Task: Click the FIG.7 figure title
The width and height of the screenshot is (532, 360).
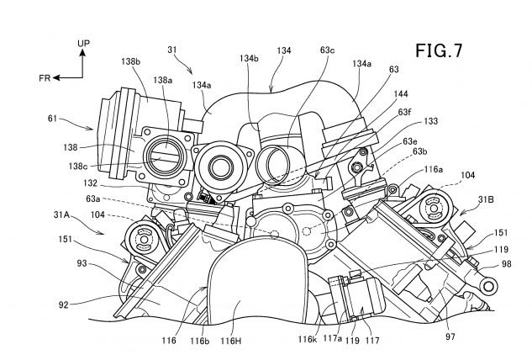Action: [439, 51]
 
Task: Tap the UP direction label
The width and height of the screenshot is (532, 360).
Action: [83, 44]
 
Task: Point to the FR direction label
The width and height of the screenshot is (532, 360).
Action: [45, 78]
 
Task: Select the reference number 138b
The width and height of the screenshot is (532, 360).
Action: [130, 61]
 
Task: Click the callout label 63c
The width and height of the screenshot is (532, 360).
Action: [327, 50]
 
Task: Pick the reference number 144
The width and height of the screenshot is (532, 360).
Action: [401, 93]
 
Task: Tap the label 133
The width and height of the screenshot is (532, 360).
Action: [431, 121]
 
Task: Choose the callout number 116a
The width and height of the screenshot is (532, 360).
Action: [434, 169]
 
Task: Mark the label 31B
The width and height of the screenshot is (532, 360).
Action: [486, 199]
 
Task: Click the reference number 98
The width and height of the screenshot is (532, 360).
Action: [506, 263]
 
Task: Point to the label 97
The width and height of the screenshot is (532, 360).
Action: [450, 336]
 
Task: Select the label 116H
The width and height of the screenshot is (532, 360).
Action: [231, 341]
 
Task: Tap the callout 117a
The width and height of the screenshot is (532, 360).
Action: [333, 338]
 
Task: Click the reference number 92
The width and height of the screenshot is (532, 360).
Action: [63, 304]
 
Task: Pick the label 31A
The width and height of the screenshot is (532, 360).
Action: [61, 214]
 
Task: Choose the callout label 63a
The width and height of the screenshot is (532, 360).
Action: [93, 199]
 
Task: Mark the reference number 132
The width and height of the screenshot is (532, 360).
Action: [90, 183]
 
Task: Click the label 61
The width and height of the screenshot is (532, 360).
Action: [52, 119]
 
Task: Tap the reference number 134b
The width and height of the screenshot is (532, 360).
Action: [249, 58]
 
